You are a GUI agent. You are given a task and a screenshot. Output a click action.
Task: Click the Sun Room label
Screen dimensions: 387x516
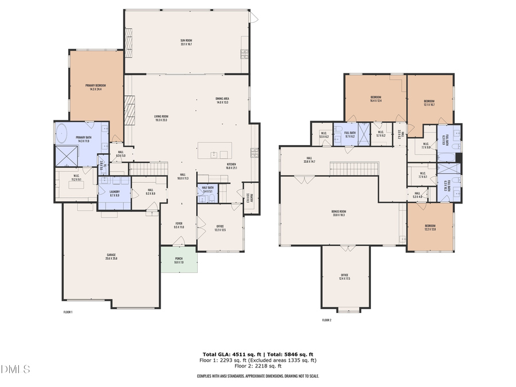[187, 41]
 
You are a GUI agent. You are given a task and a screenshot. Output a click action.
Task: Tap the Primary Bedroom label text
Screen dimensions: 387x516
[96, 87]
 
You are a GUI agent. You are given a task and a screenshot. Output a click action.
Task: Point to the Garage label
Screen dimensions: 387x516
[111, 257]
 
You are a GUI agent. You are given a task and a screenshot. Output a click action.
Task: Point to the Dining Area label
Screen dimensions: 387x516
[222, 100]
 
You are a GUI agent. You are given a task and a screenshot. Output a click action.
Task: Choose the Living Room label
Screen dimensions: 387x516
[161, 118]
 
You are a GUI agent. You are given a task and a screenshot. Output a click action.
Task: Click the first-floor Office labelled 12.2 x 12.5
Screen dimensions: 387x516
[220, 228]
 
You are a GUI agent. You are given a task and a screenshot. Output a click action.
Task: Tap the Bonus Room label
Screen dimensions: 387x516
[339, 213]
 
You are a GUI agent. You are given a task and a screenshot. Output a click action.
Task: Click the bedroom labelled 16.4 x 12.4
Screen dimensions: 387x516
[376, 99]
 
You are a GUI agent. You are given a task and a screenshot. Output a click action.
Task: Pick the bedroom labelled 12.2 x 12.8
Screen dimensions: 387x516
[430, 228]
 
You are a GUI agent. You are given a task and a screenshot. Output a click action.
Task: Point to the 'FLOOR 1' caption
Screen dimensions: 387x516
[68, 312]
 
